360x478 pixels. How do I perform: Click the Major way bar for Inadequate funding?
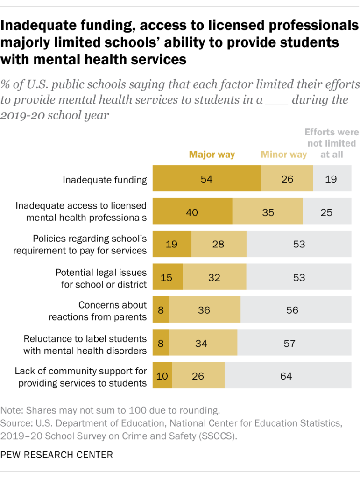pos(206,178)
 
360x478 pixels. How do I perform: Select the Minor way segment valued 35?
pos(268,212)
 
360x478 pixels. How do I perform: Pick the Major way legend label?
pos(212,155)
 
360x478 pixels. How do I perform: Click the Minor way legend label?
pos(284,155)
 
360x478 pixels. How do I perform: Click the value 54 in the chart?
pos(206,179)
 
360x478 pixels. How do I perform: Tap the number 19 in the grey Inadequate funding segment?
pos(331,179)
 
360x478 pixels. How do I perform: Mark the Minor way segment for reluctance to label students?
pos(203,344)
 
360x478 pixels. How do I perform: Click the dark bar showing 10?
pos(162,376)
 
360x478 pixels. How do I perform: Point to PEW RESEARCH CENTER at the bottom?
pos(56,454)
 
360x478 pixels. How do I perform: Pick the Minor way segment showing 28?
pos(219,244)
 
